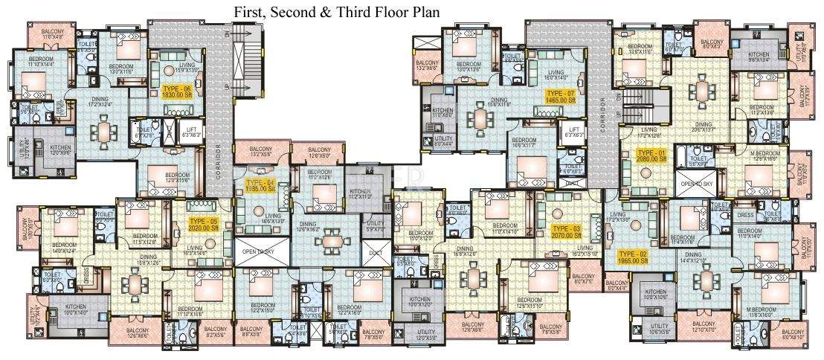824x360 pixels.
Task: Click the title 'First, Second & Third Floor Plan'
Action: pos(337,13)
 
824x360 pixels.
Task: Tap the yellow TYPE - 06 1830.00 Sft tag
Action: pos(176,92)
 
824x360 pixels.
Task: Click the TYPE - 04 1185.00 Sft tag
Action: pos(260,186)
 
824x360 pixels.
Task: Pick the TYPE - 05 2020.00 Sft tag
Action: pos(202,225)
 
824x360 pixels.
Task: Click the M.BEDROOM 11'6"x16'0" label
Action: pos(765,312)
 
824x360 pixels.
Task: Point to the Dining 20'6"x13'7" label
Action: pos(703,127)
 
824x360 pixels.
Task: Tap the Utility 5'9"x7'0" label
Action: pos(376,226)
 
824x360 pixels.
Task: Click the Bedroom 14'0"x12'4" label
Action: pos(64,248)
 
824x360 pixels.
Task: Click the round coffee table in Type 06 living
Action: pos(168,71)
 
